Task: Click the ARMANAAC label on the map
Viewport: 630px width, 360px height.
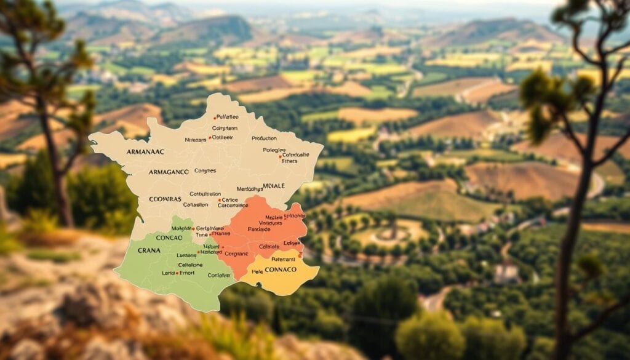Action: (145, 151)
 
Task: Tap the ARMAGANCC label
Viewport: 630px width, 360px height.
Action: (169, 172)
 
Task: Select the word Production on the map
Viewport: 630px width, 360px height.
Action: (264, 138)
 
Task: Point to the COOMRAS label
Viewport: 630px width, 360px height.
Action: (165, 199)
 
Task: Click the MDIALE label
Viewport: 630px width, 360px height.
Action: (273, 185)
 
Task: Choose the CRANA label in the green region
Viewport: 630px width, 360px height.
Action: (149, 250)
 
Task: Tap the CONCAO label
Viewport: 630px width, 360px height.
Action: (169, 238)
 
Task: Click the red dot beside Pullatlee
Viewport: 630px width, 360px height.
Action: (215, 117)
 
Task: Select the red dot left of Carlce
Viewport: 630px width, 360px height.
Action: (219, 199)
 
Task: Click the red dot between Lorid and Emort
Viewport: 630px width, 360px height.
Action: (178, 273)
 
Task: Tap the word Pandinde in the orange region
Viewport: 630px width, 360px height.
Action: (258, 229)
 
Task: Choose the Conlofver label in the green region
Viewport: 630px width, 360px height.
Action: (220, 275)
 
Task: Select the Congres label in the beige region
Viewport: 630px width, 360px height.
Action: (205, 170)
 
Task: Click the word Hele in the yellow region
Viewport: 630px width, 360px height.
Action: (257, 271)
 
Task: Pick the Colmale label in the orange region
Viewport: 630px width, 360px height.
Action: (269, 246)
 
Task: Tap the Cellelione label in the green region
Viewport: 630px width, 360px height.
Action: (190, 265)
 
